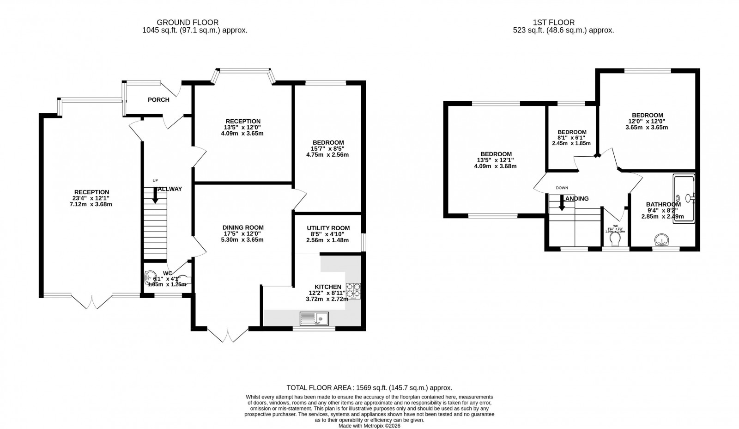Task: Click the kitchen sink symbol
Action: click(x=314, y=319)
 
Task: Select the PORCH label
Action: click(x=158, y=100)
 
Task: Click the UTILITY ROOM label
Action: click(x=328, y=228)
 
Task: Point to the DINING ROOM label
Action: click(x=243, y=227)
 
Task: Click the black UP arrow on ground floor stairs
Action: click(x=155, y=196)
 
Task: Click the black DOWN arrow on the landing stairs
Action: click(x=562, y=203)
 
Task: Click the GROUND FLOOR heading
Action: click(x=188, y=22)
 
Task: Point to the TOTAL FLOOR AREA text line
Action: click(x=369, y=388)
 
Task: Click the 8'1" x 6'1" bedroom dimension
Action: click(x=572, y=138)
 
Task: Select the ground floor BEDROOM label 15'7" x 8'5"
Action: click(x=328, y=142)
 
